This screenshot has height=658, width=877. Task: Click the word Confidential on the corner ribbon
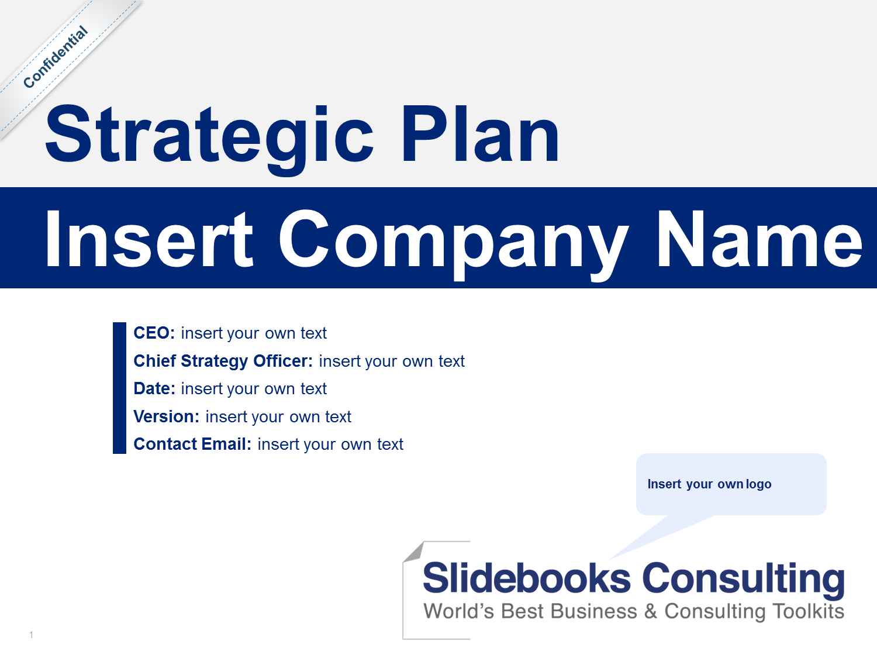[55, 57]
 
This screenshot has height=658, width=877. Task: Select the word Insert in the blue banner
[149, 239]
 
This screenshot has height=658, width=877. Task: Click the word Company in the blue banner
[454, 244]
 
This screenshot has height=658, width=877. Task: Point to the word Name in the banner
[759, 239]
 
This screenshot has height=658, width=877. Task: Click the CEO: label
[154, 333]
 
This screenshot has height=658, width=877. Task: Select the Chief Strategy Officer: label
[223, 361]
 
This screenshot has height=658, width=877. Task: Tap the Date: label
[154, 388]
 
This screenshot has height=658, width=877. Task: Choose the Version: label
[166, 416]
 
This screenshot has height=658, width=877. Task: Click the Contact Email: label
[192, 444]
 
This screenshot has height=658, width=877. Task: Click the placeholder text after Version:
[278, 417]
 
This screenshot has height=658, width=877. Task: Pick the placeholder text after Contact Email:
[330, 445]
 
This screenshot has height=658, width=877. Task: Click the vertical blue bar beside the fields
[119, 388]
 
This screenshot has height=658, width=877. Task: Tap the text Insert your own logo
[709, 484]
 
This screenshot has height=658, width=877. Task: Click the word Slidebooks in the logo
[527, 578]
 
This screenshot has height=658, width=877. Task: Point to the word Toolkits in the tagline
[808, 611]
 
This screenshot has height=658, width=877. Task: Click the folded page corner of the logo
[414, 552]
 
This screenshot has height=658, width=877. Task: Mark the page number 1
[31, 635]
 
